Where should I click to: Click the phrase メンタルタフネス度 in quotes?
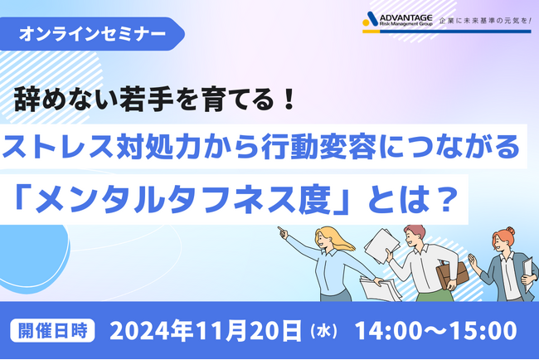182,197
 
